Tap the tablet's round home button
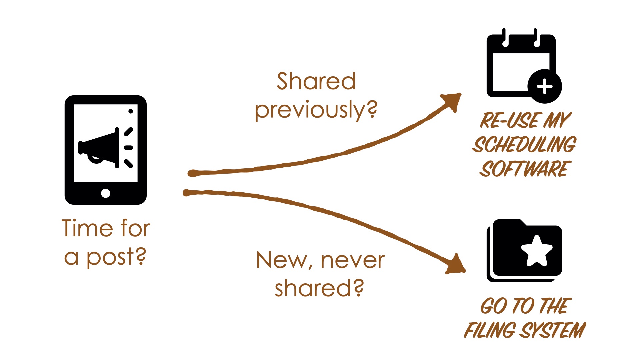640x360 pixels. (105, 193)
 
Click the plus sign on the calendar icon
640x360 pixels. (545, 87)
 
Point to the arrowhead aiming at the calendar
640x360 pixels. (452, 101)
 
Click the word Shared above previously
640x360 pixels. (316, 81)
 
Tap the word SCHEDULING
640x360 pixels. (524, 145)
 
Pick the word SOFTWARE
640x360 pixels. (525, 169)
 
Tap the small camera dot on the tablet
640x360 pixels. (131, 111)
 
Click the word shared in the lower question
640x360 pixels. (313, 288)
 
